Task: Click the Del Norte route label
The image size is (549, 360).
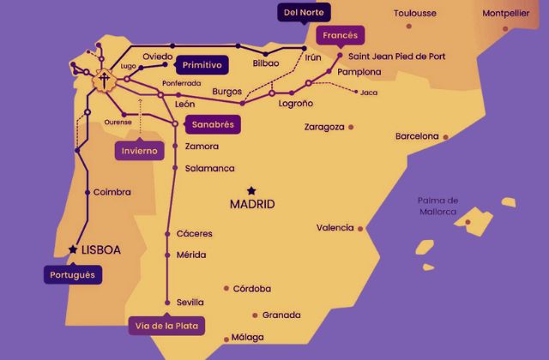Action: [304, 12]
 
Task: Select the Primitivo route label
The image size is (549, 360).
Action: [202, 64]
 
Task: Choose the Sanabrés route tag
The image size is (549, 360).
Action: [213, 124]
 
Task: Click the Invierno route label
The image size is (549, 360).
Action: [139, 151]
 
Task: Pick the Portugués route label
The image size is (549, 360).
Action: [71, 275]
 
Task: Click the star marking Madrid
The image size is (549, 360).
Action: [251, 190]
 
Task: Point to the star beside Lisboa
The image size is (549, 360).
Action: [72, 249]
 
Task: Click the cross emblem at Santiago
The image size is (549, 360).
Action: [104, 81]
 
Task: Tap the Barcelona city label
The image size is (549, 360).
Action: [416, 136]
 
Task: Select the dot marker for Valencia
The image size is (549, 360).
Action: [360, 228]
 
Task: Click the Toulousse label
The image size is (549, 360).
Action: [414, 14]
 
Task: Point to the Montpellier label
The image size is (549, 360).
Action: [505, 14]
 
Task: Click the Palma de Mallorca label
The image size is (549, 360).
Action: [437, 206]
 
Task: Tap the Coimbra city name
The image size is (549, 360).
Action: [112, 192]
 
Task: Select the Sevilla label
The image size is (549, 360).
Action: [190, 302]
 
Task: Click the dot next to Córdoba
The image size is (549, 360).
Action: [226, 289]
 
